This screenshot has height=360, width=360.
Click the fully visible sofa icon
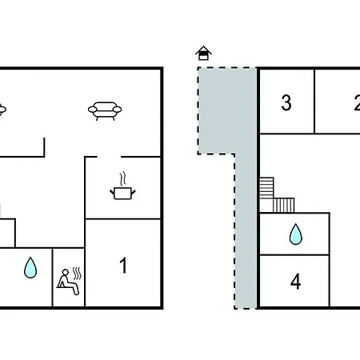click(x=105, y=110)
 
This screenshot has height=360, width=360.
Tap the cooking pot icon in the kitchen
click(x=122, y=193)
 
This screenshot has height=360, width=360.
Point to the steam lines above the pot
click(x=122, y=179)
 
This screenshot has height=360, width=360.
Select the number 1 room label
click(x=123, y=266)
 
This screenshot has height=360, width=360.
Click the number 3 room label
click(x=286, y=102)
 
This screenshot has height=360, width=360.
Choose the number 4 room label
click(x=295, y=282)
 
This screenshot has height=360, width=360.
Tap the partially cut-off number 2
click(x=358, y=102)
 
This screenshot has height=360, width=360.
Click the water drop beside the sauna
click(x=30, y=267)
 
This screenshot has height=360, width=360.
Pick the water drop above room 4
click(x=296, y=234)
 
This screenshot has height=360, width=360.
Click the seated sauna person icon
click(x=68, y=282)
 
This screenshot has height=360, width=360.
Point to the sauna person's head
click(x=65, y=272)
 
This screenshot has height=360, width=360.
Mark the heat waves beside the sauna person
click(x=77, y=274)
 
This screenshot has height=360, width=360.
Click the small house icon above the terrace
click(x=203, y=53)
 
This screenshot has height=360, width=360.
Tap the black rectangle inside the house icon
click(x=204, y=57)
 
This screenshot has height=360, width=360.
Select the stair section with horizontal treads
click(x=266, y=188)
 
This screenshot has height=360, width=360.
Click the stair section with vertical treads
click(x=284, y=206)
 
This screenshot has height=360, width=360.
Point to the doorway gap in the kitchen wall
click(x=109, y=157)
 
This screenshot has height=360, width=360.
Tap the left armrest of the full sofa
click(x=93, y=110)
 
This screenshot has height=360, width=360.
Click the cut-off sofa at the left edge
click(x=2, y=110)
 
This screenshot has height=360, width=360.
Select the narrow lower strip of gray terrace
click(x=246, y=231)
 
